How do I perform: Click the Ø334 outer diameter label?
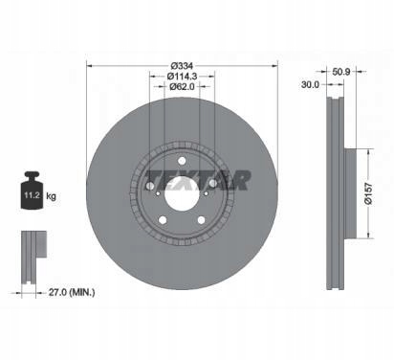tap(182, 66)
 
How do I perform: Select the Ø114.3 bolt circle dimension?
tap(182, 77)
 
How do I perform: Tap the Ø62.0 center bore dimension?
tap(182, 86)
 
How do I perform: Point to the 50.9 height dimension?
tap(341, 72)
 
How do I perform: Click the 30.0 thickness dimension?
tap(310, 84)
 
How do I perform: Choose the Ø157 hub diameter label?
tap(368, 193)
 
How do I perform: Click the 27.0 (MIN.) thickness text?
tap(72, 292)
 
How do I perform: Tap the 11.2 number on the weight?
tap(32, 195)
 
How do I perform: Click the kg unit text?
tap(51, 195)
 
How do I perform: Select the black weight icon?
tap(32, 191)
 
